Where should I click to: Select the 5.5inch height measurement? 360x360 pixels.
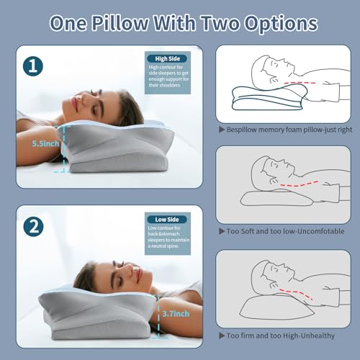click(x=45, y=143)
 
